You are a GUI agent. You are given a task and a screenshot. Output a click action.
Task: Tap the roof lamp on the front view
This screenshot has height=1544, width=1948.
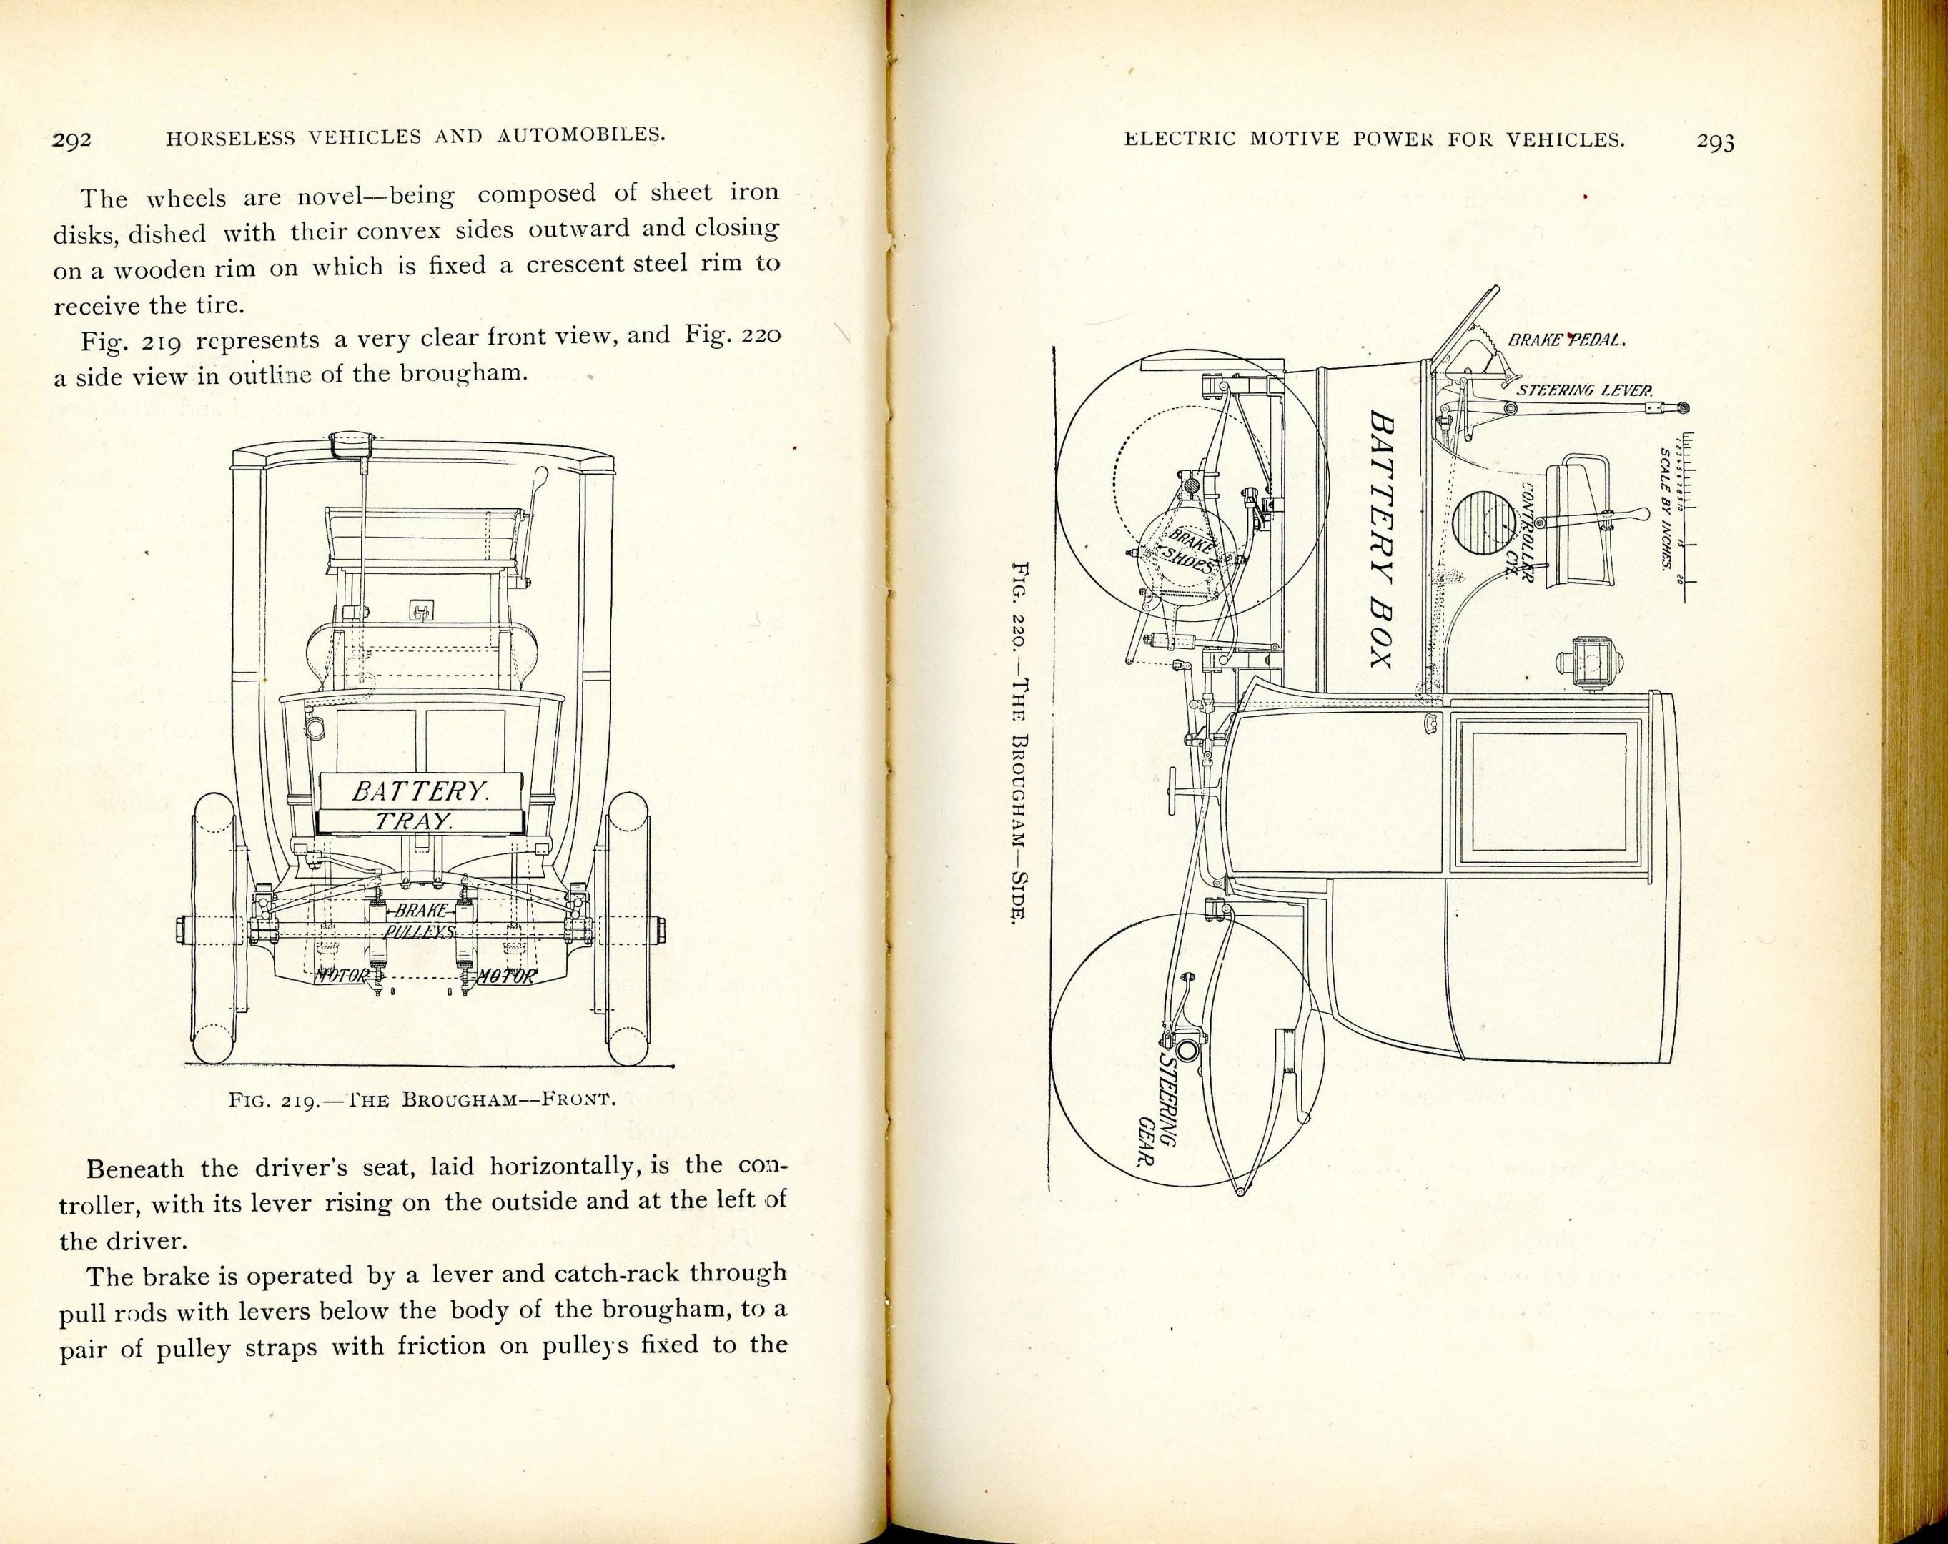coord(352,445)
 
